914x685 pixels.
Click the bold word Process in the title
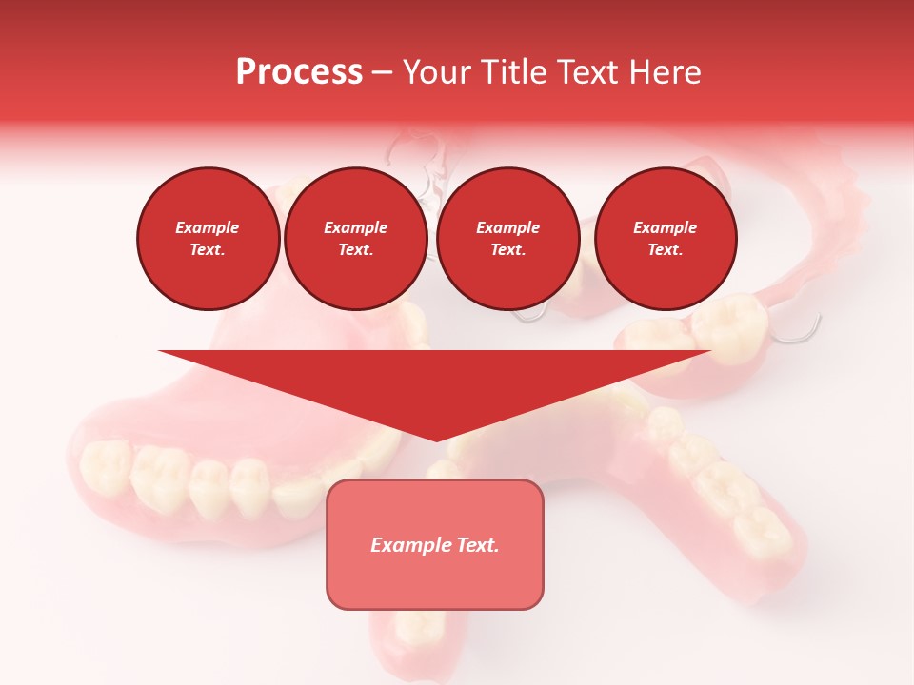pyautogui.click(x=299, y=72)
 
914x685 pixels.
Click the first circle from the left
pyautogui.click(x=208, y=239)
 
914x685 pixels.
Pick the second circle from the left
pyautogui.click(x=355, y=239)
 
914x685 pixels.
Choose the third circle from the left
pyautogui.click(x=507, y=239)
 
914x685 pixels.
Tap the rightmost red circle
pyautogui.click(x=665, y=239)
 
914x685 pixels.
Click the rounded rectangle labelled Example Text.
pyautogui.click(x=435, y=544)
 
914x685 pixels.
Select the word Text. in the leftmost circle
pyautogui.click(x=208, y=250)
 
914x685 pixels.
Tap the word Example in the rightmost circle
pyautogui.click(x=665, y=227)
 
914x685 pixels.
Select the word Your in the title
pyautogui.click(x=435, y=72)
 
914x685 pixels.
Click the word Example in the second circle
pyautogui.click(x=355, y=227)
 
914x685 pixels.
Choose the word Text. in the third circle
pyautogui.click(x=507, y=250)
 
